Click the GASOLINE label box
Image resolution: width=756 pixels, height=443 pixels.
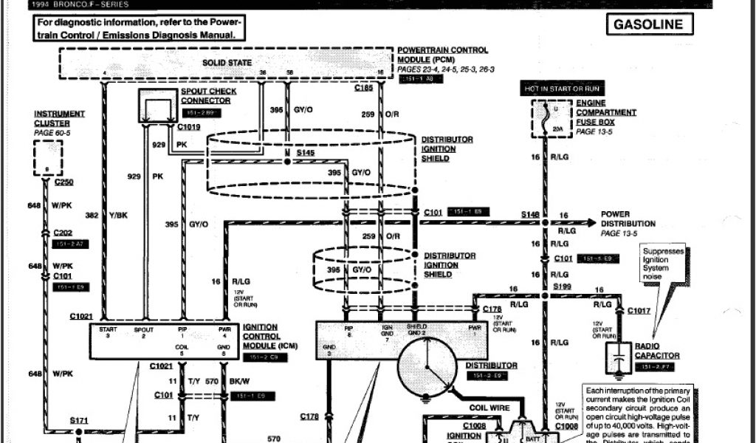(x=649, y=24)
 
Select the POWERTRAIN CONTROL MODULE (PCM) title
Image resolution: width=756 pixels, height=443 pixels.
(x=442, y=54)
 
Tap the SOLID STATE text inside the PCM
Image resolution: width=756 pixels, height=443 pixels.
(x=227, y=63)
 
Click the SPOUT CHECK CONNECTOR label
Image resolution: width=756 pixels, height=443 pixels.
(x=209, y=96)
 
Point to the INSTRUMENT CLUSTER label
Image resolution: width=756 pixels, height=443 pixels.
(x=59, y=118)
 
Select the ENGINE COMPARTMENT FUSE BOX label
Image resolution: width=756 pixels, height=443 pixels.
(x=606, y=113)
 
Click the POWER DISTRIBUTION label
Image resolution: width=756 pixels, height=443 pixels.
(x=628, y=219)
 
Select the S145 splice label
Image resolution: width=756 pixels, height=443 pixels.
(x=305, y=151)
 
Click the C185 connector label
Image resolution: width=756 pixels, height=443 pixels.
(x=363, y=88)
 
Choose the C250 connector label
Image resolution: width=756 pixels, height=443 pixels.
(x=63, y=182)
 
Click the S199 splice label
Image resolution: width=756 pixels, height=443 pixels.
(x=563, y=285)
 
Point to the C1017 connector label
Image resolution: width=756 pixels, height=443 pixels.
(x=639, y=311)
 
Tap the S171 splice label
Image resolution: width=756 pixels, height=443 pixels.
(x=79, y=420)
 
